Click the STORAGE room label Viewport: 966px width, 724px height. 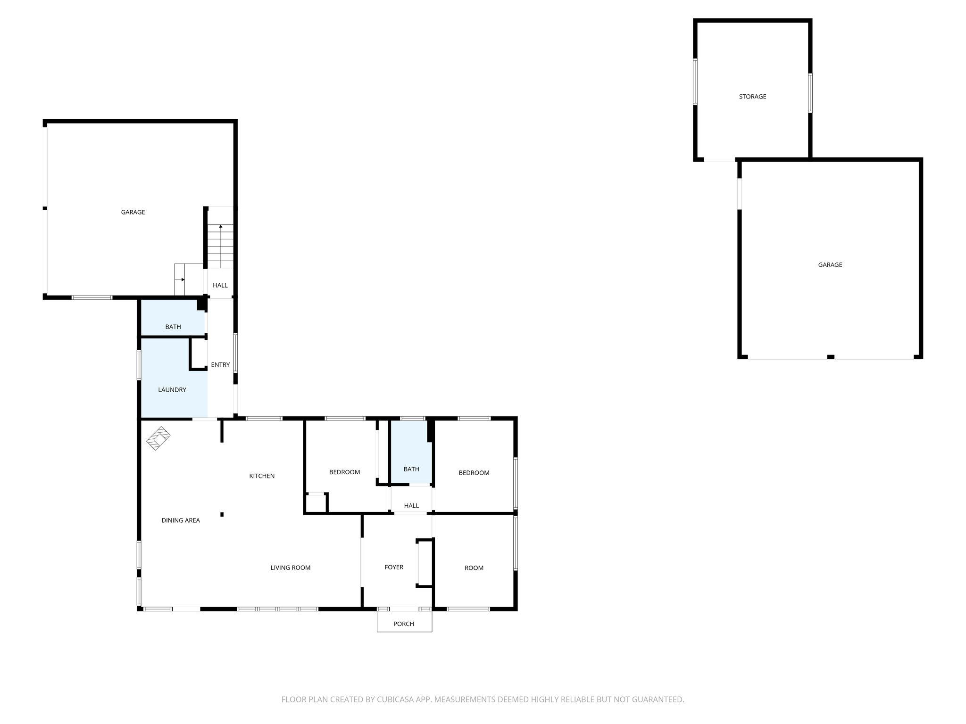click(752, 97)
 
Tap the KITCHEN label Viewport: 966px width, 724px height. click(262, 476)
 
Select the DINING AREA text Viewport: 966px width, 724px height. click(181, 520)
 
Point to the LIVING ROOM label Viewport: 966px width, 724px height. click(291, 568)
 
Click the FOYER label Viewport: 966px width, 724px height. click(394, 567)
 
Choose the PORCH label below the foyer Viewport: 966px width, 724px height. click(404, 624)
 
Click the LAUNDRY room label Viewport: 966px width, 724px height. click(172, 390)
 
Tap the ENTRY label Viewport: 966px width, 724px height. click(220, 365)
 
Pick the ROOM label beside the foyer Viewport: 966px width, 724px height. click(474, 568)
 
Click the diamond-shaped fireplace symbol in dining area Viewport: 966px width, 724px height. click(158, 438)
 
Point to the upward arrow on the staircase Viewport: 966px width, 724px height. click(221, 227)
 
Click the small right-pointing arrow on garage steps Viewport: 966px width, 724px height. click(183, 280)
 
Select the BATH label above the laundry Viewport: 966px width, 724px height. click(173, 327)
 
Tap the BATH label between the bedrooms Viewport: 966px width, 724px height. click(411, 469)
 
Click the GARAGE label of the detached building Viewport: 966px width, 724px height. click(830, 265)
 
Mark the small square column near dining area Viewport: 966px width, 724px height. click(222, 514)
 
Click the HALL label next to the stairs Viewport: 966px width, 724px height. click(220, 285)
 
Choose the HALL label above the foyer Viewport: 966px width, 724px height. click(411, 506)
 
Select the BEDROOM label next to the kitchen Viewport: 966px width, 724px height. click(345, 472)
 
